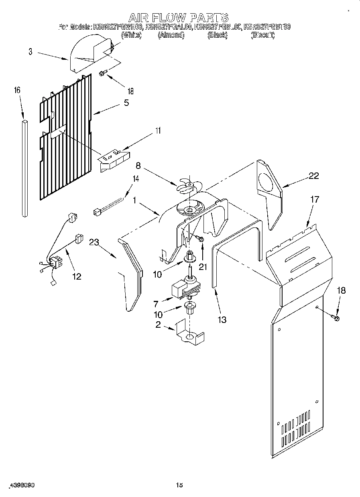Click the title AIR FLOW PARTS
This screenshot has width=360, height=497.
(x=179, y=17)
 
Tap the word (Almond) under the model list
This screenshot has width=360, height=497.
(x=171, y=35)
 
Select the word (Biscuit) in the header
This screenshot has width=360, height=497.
(x=262, y=35)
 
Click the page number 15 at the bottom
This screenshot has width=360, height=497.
(x=179, y=485)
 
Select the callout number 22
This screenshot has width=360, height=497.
(x=313, y=176)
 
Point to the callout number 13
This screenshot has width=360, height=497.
(x=222, y=319)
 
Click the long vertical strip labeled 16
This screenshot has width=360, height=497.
(x=25, y=168)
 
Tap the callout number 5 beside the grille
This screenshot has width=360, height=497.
(x=126, y=103)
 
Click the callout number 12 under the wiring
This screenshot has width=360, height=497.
(x=76, y=276)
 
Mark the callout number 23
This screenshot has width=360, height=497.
(x=94, y=242)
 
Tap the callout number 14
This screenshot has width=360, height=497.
(x=136, y=179)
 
